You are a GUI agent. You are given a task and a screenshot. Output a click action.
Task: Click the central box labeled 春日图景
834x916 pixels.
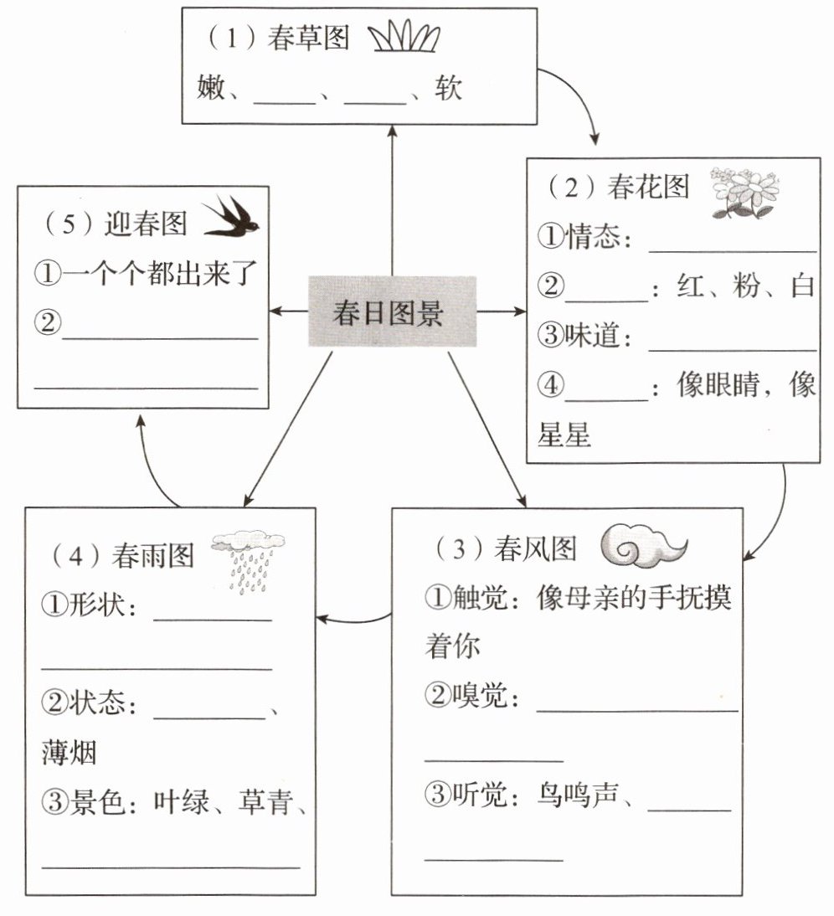392,311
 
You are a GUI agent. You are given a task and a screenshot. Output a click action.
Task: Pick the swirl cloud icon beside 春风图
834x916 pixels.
643,548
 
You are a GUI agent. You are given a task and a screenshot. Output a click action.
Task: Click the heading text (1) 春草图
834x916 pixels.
275,39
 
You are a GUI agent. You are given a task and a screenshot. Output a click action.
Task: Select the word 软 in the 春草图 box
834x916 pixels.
449,88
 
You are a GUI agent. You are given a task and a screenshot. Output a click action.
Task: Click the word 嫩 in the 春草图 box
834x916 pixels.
211,88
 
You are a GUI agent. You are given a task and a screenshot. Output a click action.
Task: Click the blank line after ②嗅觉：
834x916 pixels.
636,709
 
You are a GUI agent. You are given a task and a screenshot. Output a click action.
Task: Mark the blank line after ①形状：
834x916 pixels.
213,619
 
